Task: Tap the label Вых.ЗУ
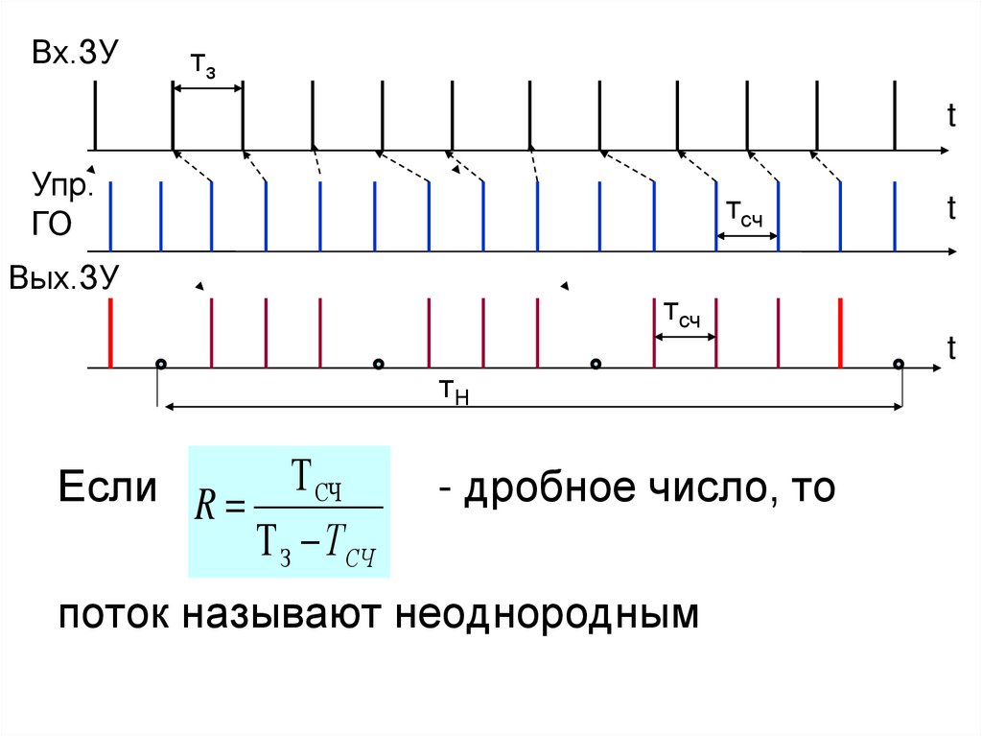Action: point(63,278)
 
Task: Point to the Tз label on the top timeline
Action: point(202,65)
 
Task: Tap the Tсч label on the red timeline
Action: point(682,314)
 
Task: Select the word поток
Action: point(108,612)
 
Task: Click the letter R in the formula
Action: point(204,507)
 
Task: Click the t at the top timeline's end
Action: point(951,117)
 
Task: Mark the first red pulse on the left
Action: point(111,332)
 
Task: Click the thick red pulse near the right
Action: point(840,332)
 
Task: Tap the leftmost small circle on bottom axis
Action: point(161,364)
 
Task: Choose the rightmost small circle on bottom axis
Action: point(899,364)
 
